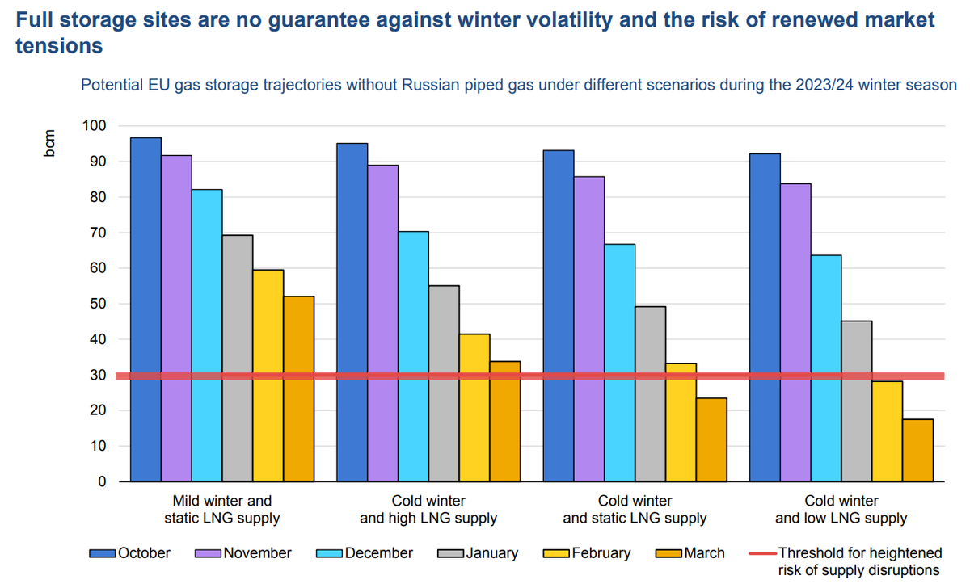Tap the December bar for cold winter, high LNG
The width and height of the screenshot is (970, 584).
point(413,356)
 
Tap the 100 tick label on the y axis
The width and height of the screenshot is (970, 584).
point(95,126)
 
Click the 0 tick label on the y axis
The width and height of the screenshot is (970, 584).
point(102,482)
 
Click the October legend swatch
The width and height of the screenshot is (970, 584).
point(103,553)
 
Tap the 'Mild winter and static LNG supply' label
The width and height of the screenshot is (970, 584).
point(222,510)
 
